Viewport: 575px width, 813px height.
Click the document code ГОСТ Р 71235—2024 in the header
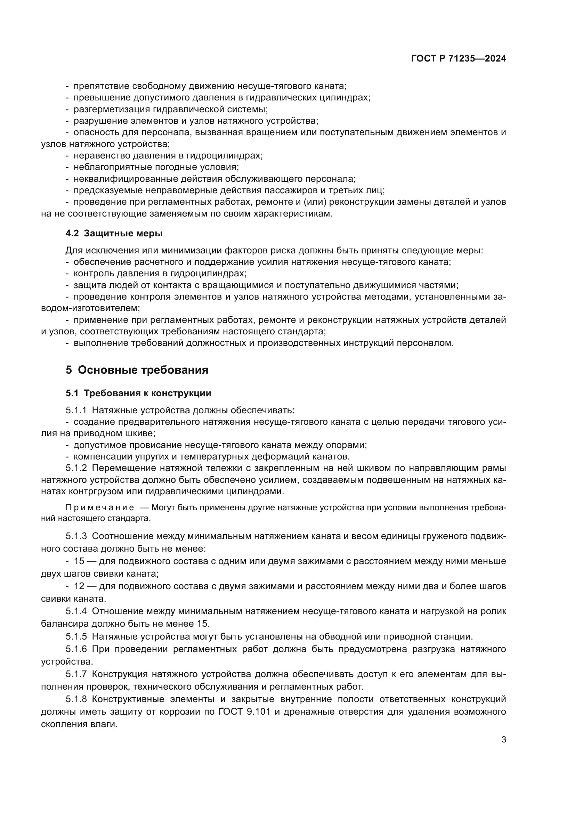(x=458, y=59)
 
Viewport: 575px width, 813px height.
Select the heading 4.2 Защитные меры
(x=114, y=234)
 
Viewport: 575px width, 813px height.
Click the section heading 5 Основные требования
(x=137, y=370)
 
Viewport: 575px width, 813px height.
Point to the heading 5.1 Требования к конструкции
(x=138, y=393)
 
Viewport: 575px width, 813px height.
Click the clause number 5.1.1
(x=76, y=410)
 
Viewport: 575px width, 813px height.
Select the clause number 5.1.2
(x=76, y=468)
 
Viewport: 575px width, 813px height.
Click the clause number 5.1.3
(x=76, y=536)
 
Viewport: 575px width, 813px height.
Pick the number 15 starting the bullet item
(x=79, y=561)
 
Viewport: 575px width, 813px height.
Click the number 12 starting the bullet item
(x=79, y=586)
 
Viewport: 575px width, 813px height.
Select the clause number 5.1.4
(x=76, y=611)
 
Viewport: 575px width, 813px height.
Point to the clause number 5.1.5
(x=76, y=636)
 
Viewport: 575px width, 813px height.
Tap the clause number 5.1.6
(x=76, y=649)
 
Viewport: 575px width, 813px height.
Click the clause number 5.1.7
(x=76, y=674)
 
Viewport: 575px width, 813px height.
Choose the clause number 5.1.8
(x=76, y=699)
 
